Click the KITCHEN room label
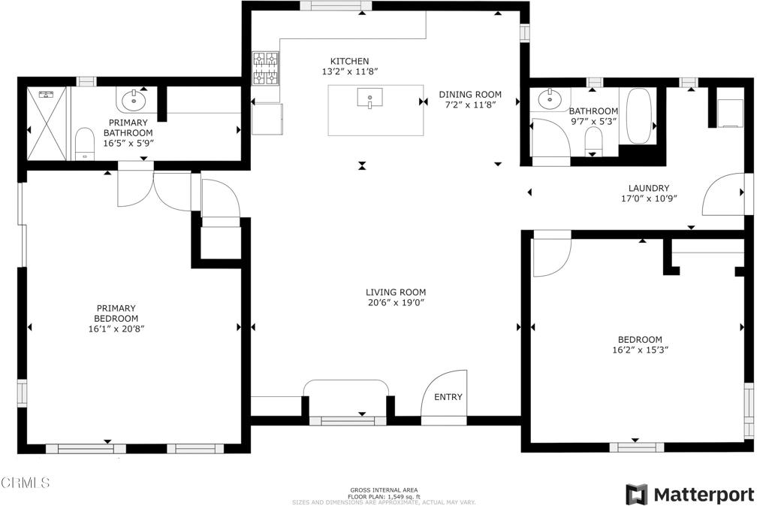click(x=350, y=61)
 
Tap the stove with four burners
click(x=265, y=68)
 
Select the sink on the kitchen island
click(x=369, y=98)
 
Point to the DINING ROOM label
click(x=470, y=95)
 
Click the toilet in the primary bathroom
click(x=84, y=144)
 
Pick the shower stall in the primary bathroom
click(x=47, y=123)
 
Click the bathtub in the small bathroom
click(x=640, y=117)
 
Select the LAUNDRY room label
click(x=648, y=188)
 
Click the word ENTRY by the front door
click(x=448, y=397)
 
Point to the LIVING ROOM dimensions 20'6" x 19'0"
click(x=396, y=303)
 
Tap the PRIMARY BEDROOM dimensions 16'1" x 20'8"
click(x=116, y=329)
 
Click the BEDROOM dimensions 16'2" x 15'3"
click(x=640, y=350)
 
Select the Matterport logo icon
click(x=637, y=494)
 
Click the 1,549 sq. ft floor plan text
click(x=384, y=496)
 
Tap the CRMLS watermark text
click(x=26, y=482)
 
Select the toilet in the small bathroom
click(x=593, y=140)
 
